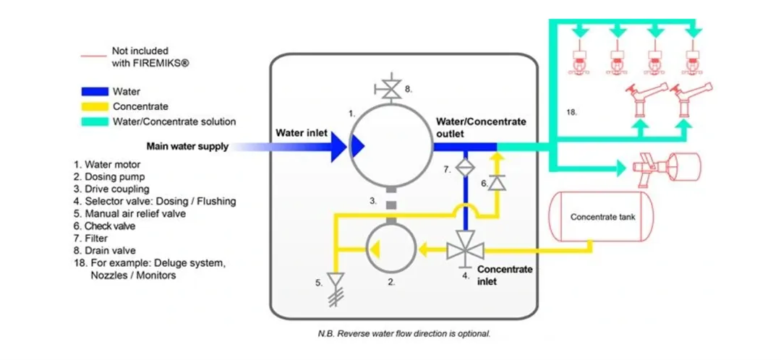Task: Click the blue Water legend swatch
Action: click(x=94, y=92)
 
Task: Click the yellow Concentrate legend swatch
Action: click(x=94, y=107)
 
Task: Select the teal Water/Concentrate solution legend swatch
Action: click(x=94, y=121)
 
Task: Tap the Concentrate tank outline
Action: click(x=602, y=217)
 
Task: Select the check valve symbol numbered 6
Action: click(x=496, y=184)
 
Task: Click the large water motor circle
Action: click(x=390, y=146)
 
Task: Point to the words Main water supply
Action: click(x=187, y=146)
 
